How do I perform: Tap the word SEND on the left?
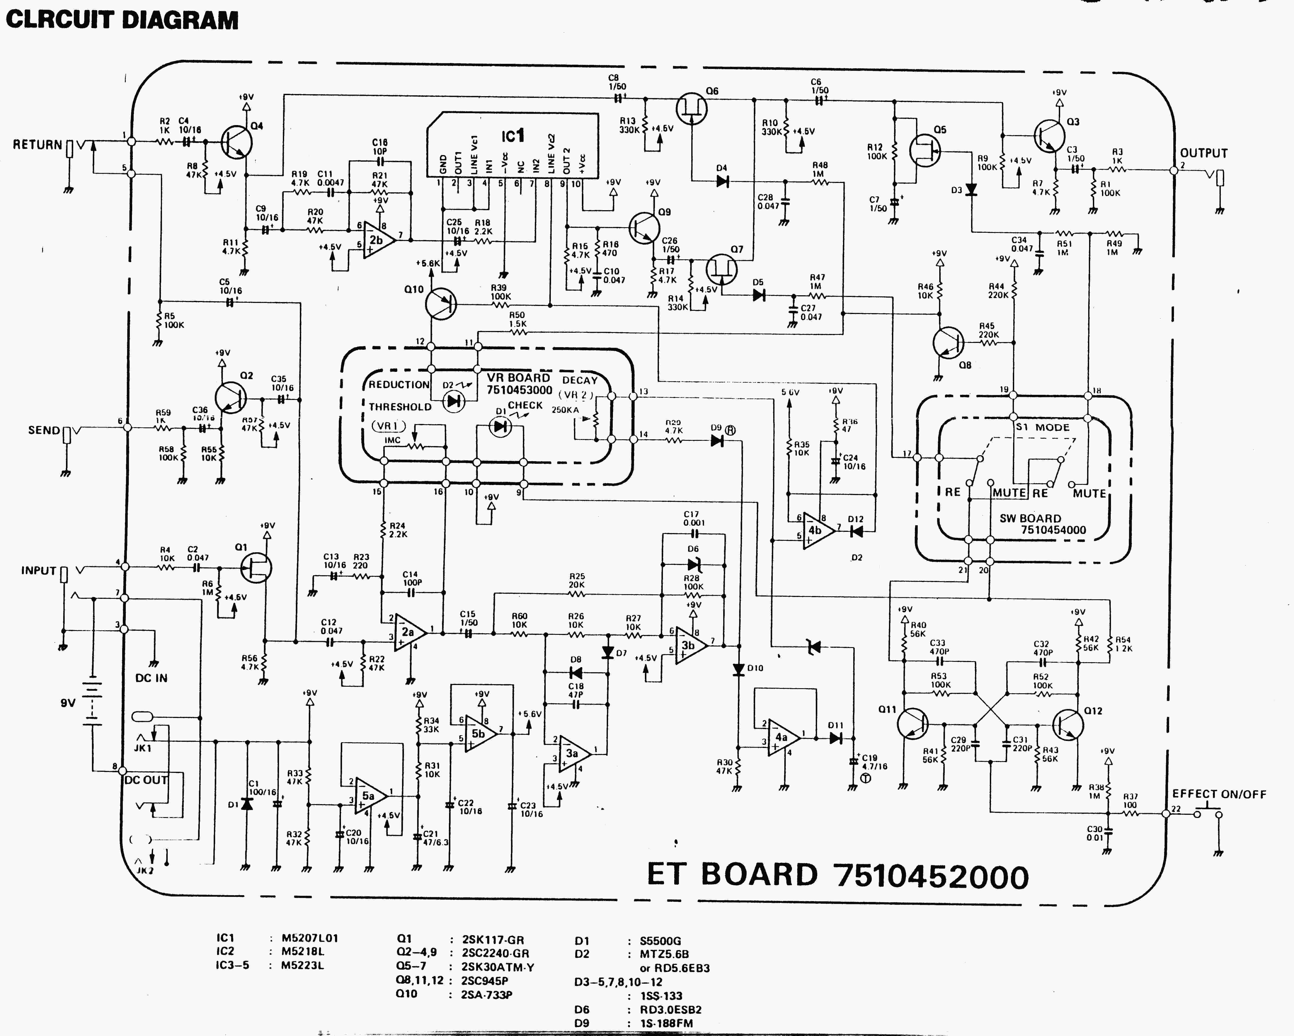[x=44, y=430]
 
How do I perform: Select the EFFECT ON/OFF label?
[x=1219, y=794]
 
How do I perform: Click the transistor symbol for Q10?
[x=441, y=304]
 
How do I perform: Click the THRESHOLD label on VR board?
[x=400, y=407]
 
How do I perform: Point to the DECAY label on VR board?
[x=580, y=380]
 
